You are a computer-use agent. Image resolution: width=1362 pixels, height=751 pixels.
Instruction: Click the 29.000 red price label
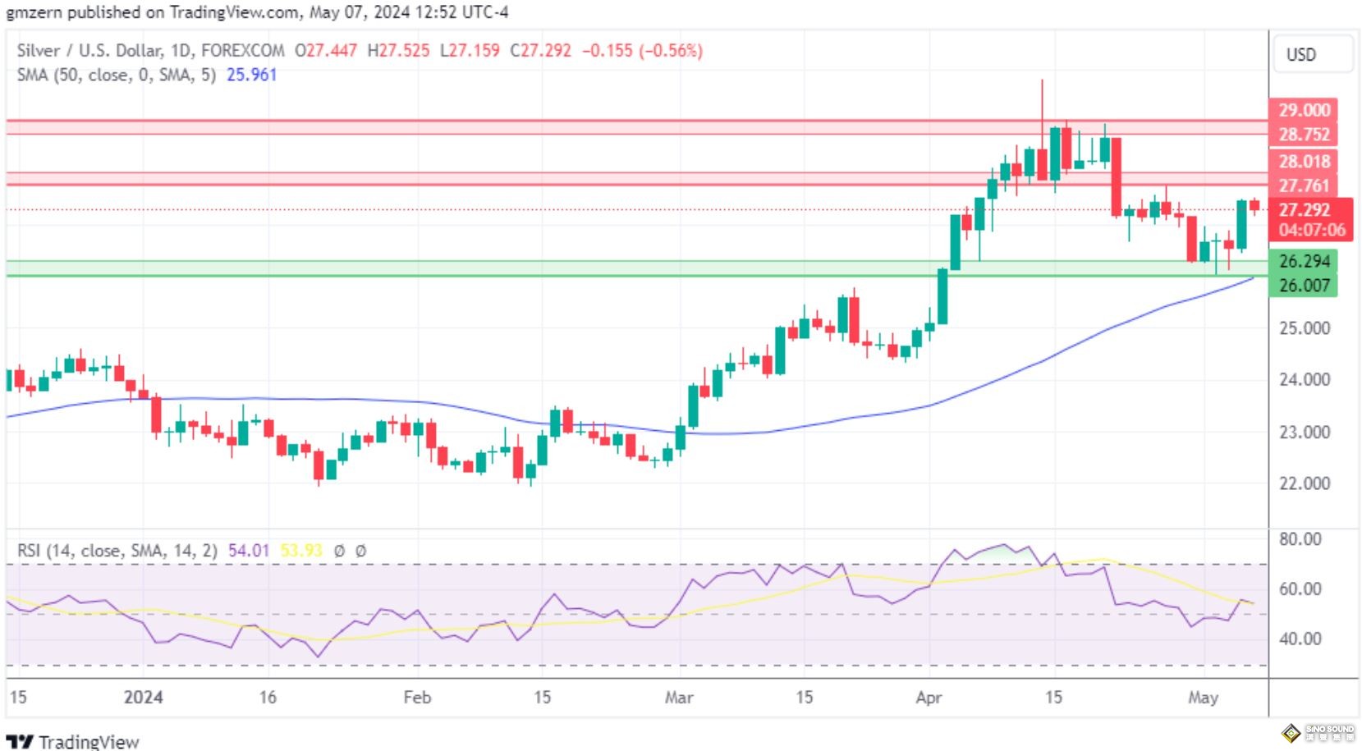coord(1304,110)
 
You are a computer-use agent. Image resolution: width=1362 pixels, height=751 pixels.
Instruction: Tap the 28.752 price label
coord(1304,135)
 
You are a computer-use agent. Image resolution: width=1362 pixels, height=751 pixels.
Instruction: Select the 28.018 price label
coord(1304,162)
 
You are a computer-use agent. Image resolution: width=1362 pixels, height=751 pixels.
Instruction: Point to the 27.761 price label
coord(1304,185)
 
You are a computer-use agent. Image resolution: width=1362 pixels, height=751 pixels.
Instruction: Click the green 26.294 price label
coord(1304,262)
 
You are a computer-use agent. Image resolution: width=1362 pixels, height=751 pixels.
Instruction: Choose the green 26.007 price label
coord(1304,286)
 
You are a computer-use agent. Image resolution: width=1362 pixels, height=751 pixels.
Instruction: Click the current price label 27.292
coord(1304,210)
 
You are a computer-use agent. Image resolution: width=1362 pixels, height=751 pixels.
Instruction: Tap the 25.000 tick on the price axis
coord(1304,328)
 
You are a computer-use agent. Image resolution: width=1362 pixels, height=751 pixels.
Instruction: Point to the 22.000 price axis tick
coord(1304,483)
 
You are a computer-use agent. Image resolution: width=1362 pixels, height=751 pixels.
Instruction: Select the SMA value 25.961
coord(251,75)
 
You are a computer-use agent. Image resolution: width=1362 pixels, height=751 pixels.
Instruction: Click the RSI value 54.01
coord(248,551)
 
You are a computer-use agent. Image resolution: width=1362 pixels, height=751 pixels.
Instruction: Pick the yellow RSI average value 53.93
coord(301,551)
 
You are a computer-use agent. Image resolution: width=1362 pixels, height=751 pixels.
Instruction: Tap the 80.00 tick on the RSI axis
coord(1300,539)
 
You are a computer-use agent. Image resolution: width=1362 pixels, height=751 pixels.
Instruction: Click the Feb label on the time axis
coord(417,698)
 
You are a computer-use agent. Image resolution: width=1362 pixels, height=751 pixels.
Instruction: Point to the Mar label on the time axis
coord(679,698)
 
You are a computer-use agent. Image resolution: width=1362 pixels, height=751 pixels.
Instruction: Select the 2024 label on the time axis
coord(143,698)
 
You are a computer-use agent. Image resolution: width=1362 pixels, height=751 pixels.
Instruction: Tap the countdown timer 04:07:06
coord(1312,231)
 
